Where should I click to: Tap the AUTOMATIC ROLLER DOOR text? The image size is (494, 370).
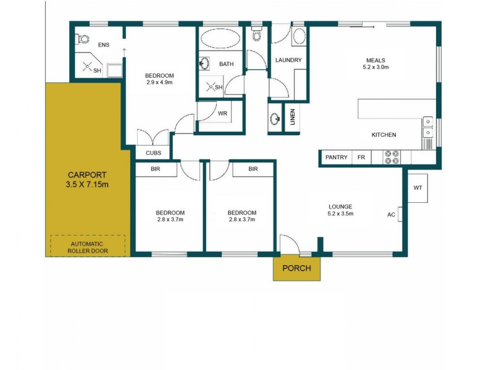click(x=86, y=247)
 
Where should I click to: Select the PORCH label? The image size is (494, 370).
click(x=296, y=268)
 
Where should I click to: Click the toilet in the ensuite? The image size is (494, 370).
click(x=83, y=39)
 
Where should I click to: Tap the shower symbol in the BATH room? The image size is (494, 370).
click(x=211, y=87)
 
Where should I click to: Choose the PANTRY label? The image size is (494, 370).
click(x=336, y=158)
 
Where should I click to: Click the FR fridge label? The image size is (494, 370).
click(x=361, y=158)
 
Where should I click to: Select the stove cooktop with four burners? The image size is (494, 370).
click(x=392, y=157)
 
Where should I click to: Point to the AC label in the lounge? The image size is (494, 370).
click(x=391, y=215)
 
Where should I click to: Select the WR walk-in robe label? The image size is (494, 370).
click(x=222, y=113)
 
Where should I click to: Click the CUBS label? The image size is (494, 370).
click(x=154, y=153)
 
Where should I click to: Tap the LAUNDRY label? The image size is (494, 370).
click(x=288, y=60)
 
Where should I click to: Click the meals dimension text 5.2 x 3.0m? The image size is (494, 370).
click(x=376, y=67)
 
